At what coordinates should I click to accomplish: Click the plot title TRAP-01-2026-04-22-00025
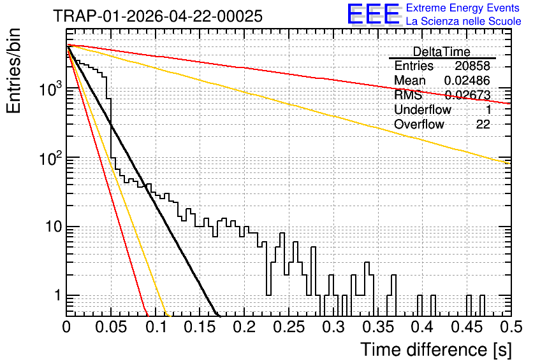click(157, 16)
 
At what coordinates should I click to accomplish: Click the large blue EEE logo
click(373, 14)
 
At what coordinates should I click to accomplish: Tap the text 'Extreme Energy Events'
click(463, 8)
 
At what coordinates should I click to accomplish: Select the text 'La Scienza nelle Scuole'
click(464, 21)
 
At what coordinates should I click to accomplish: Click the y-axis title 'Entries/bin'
click(13, 71)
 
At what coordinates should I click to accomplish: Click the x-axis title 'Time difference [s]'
click(436, 349)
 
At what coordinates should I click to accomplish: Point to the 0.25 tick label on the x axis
click(289, 327)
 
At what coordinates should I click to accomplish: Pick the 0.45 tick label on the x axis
click(467, 327)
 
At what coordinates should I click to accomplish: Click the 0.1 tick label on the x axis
click(156, 327)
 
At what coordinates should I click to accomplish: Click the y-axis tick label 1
click(57, 295)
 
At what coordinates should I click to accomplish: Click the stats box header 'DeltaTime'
click(441, 52)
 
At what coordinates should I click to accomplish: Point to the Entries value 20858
click(472, 66)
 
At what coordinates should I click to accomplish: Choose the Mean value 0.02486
click(467, 80)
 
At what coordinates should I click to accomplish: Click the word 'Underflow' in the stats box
click(423, 109)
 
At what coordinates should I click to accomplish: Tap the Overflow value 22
click(483, 124)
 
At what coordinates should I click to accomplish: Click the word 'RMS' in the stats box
click(408, 95)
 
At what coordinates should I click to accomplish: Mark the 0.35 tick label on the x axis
click(378, 327)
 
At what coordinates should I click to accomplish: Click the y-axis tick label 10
click(54, 227)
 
